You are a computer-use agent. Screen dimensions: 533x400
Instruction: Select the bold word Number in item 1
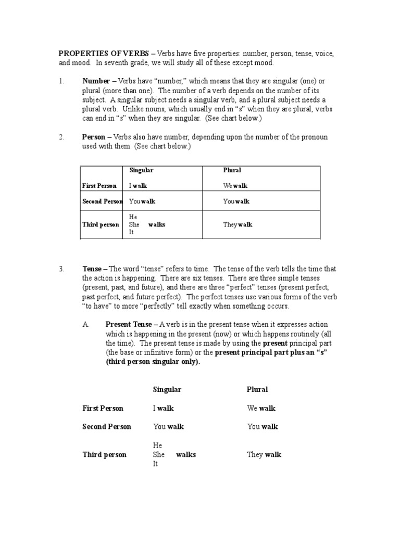coord(96,81)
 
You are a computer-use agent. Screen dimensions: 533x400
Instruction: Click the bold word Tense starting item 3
coord(92,269)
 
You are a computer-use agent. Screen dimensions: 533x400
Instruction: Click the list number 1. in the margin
coord(61,81)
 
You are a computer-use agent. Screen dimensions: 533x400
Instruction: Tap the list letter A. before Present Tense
coord(86,324)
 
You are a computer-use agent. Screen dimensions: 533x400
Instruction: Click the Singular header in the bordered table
coord(141,170)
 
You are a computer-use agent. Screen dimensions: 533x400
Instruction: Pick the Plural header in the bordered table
coord(232,170)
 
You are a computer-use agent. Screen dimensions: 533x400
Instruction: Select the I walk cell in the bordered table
coord(138,186)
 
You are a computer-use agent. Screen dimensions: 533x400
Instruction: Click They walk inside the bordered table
coord(238,225)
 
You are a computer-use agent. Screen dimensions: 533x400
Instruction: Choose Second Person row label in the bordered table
coord(102,201)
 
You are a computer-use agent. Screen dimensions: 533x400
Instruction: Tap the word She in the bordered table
coord(134,225)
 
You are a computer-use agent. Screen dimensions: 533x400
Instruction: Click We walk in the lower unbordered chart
coord(261,409)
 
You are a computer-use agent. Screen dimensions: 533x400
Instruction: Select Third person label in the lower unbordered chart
coord(104,454)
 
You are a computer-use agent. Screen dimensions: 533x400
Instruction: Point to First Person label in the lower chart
coord(103,409)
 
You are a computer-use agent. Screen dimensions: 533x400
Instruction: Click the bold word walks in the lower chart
coord(186,454)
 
